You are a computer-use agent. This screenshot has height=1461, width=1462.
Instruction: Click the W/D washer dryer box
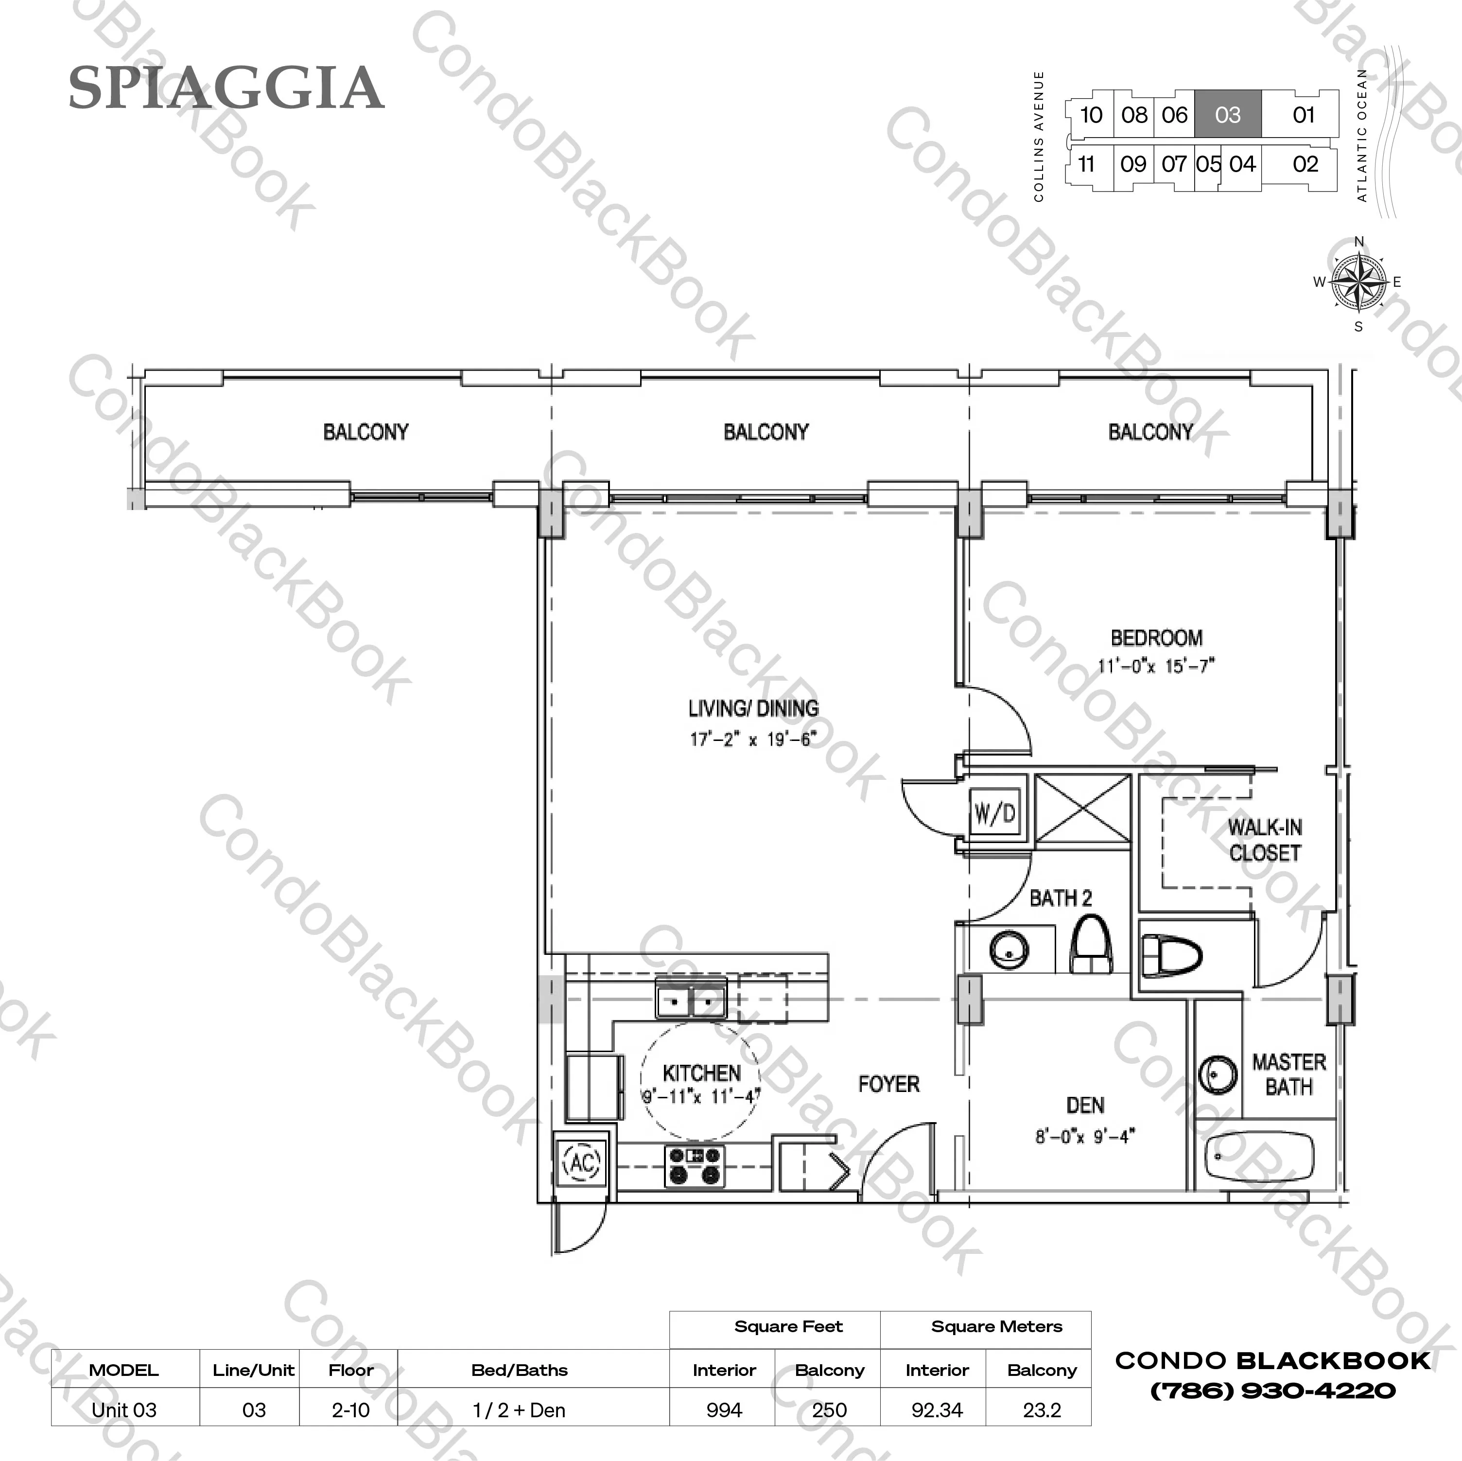pos(994,814)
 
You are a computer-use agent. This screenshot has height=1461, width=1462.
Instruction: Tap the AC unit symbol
pos(582,1162)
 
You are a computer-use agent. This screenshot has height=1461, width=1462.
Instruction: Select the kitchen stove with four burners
pos(695,1166)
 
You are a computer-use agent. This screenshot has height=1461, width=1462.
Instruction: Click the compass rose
pos(1359,283)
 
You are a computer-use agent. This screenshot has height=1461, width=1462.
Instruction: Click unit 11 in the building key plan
pos(1087,164)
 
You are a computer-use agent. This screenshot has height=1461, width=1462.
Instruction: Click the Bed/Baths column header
pos(519,1370)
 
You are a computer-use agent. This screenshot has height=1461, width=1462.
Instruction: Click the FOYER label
pos(888,1084)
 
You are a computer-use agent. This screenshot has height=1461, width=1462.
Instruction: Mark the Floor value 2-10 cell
pos(350,1410)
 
